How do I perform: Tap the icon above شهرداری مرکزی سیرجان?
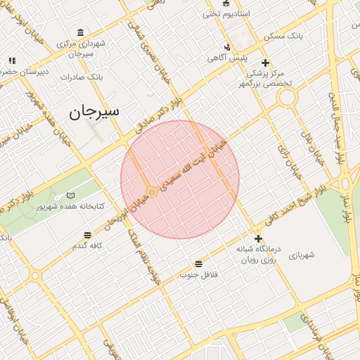(82, 33)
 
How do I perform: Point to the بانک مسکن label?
(283, 34)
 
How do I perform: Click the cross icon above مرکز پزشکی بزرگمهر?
(265, 62)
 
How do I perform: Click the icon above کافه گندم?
(87, 235)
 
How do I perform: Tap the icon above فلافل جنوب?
(200, 263)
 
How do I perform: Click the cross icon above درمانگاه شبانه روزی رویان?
(258, 238)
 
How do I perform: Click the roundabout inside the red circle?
(152, 192)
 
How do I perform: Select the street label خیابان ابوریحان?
(124, 212)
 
